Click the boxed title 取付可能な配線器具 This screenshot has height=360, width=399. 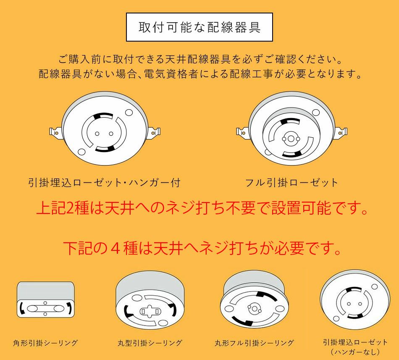[199, 27]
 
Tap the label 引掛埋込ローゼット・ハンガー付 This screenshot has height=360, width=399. [104, 183]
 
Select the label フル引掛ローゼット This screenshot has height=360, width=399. [291, 183]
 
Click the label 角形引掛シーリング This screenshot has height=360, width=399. [45, 343]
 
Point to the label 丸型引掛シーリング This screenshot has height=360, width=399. [150, 343]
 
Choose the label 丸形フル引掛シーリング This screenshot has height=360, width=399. [254, 343]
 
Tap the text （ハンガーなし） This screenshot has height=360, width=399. [355, 352]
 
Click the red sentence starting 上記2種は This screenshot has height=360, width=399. [202, 208]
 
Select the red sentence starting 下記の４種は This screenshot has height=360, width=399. [202, 248]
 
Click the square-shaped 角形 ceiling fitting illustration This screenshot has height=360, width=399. [45, 300]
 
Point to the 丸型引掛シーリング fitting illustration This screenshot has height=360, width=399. [150, 302]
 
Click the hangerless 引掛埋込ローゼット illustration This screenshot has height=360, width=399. [355, 300]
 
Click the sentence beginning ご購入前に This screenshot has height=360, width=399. [200, 60]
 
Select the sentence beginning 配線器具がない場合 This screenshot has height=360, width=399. [200, 74]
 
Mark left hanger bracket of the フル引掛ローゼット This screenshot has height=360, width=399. [242, 132]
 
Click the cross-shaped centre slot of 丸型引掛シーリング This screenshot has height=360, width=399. [150, 311]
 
